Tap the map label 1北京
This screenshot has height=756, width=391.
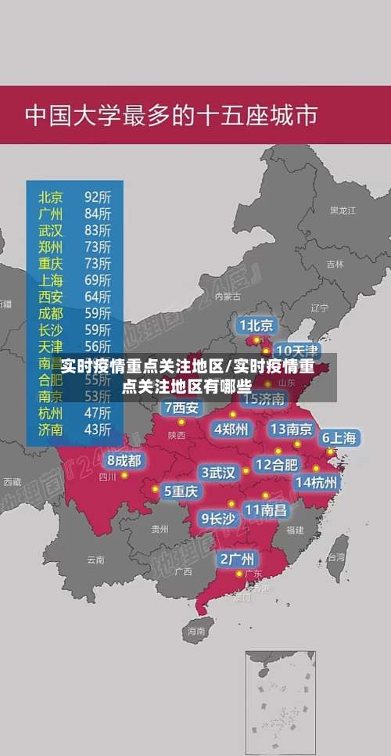(x=256, y=325)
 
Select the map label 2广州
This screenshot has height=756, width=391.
(x=236, y=559)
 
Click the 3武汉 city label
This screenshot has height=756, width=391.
(x=219, y=473)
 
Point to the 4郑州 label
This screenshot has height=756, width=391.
(x=231, y=429)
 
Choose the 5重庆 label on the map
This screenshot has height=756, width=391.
(x=181, y=491)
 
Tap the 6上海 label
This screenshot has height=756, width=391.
(x=339, y=437)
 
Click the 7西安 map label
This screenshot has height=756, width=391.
(x=182, y=408)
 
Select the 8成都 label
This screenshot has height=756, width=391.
(x=124, y=461)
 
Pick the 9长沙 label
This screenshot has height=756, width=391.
(x=218, y=517)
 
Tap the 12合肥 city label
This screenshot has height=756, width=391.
(x=276, y=464)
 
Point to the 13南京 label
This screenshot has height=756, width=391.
(x=292, y=429)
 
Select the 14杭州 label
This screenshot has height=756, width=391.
(x=317, y=482)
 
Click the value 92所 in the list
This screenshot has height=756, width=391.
(x=98, y=196)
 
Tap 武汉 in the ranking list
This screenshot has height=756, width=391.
(x=52, y=229)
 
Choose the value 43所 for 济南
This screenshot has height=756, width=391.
(x=98, y=429)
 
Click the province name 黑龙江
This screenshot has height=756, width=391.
(x=343, y=211)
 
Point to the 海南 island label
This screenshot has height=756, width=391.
(x=195, y=630)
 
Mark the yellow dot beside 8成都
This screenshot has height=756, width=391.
(x=124, y=475)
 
